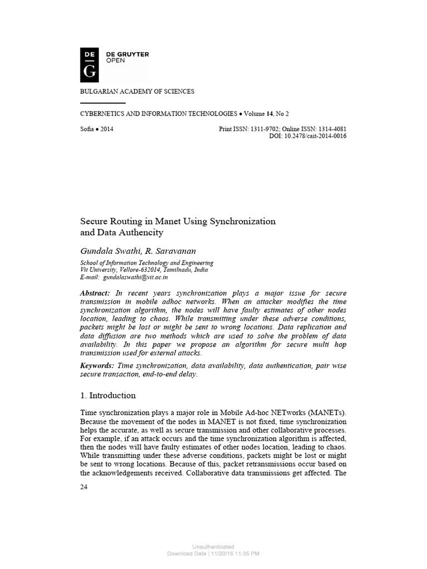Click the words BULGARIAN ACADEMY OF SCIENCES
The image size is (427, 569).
(138, 92)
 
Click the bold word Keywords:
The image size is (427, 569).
(97, 365)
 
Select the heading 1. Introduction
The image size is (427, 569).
(108, 396)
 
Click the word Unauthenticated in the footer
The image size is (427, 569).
(213, 547)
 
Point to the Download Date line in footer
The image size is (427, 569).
(213, 553)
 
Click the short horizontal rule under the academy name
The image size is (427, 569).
(103, 103)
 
